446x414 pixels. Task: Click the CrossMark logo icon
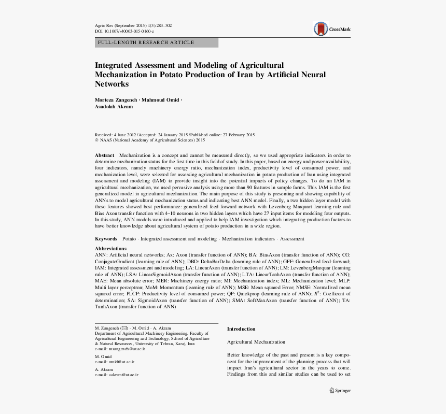pyautogui.click(x=322, y=29)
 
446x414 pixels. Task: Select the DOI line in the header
pyautogui.click(x=124, y=31)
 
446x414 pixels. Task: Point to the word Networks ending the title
pyautogui.click(x=112, y=84)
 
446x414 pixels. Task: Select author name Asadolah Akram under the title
pyautogui.click(x=114, y=107)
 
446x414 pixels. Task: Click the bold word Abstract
pyautogui.click(x=104, y=155)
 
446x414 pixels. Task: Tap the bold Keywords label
pyautogui.click(x=106, y=239)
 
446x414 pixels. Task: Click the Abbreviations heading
pyautogui.click(x=110, y=249)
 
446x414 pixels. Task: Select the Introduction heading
pyautogui.click(x=241, y=329)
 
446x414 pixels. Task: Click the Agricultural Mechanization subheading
pyautogui.click(x=256, y=342)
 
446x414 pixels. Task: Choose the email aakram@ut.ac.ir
pyautogui.click(x=123, y=374)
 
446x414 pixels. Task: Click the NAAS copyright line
pyautogui.click(x=150, y=140)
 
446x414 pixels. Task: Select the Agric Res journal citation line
pyautogui.click(x=133, y=25)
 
